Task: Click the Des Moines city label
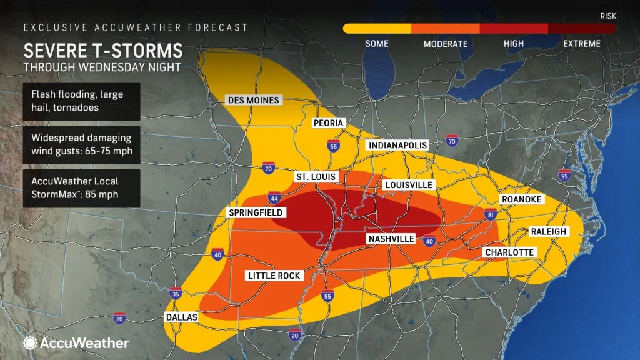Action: pos(253,100)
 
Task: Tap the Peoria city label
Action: pos(329,123)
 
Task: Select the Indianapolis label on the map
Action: pos(397,145)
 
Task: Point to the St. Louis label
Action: pos(316,177)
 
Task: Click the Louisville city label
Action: pos(409,186)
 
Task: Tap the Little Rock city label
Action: pos(274,276)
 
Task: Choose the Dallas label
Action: pos(182,317)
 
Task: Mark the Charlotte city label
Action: pos(509,252)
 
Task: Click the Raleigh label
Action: pos(548,231)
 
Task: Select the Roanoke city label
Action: pos(521,199)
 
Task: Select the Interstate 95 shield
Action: pos(565,176)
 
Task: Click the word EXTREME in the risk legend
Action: pos(581,44)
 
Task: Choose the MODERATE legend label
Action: pos(445,44)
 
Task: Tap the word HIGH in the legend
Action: pos(513,44)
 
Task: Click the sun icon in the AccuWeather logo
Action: pos(29,342)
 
